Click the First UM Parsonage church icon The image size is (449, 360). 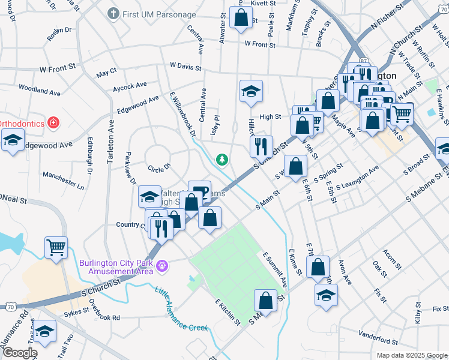tap(113, 13)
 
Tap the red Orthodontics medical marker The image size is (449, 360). tap(53, 123)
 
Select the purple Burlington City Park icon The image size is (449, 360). tap(161, 265)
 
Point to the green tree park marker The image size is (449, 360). tap(223, 159)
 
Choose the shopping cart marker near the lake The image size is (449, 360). tap(56, 247)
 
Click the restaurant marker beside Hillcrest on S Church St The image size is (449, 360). tap(261, 146)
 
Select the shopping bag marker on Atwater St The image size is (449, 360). tap(241, 19)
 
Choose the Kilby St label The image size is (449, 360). tap(418, 313)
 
